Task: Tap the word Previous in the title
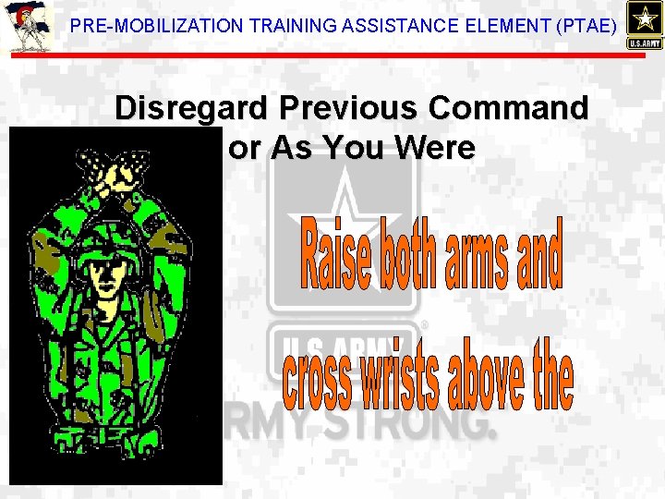(351, 109)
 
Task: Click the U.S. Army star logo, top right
(643, 25)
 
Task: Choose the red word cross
(317, 379)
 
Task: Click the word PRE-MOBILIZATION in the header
(147, 28)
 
